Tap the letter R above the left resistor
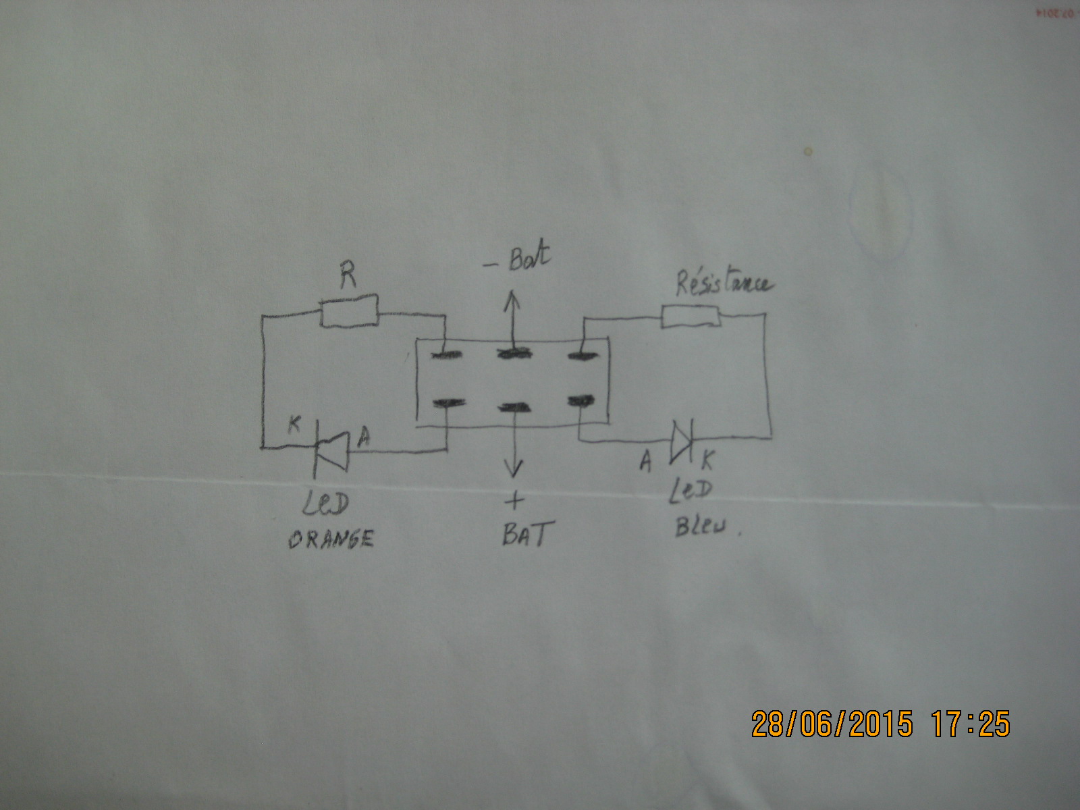click(348, 275)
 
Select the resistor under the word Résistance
click(690, 316)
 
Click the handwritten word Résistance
click(724, 283)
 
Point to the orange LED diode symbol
click(333, 451)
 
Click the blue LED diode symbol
click(681, 441)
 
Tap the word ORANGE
click(331, 539)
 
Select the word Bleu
click(701, 525)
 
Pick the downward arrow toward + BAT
click(514, 446)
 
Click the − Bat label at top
click(518, 260)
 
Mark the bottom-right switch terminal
click(580, 402)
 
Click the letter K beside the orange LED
click(294, 424)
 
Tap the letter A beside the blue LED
click(646, 462)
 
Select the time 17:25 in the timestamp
click(971, 724)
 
